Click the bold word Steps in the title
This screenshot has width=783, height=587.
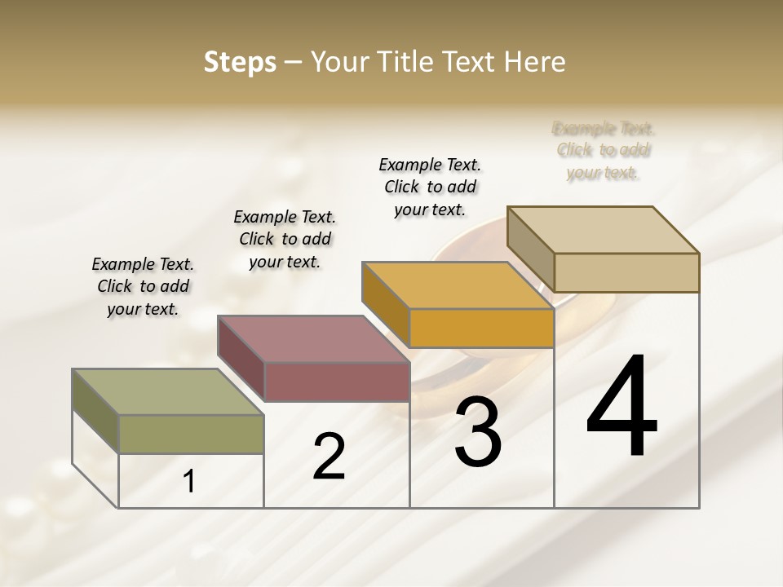(x=240, y=62)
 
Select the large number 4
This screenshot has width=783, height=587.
(x=622, y=408)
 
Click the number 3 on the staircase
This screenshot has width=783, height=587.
(x=478, y=432)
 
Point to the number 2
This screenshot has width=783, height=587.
(x=329, y=457)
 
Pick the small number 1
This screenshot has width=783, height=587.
(x=189, y=482)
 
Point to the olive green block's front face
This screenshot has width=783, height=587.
(x=191, y=434)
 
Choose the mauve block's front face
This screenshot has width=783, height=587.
(x=337, y=382)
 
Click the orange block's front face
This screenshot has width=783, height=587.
(x=481, y=329)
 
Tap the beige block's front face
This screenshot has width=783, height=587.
(x=626, y=272)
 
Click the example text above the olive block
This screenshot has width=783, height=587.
(x=143, y=286)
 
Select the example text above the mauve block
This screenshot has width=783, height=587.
(x=285, y=239)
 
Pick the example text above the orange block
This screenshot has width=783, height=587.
(x=430, y=187)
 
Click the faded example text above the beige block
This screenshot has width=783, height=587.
(x=604, y=150)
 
